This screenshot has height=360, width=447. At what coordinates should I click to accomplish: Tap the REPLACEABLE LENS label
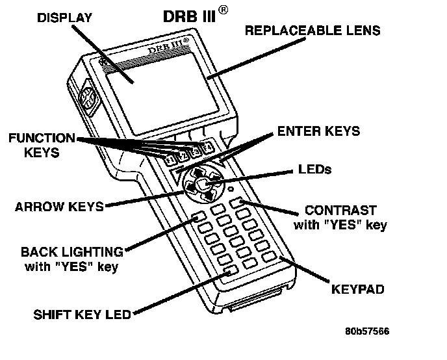click(313, 30)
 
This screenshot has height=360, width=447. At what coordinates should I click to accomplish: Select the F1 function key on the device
click(170, 160)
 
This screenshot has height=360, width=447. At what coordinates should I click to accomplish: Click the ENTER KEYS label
click(318, 131)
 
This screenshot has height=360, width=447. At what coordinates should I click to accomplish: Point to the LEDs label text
click(314, 170)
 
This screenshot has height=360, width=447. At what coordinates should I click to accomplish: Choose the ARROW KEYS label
click(59, 207)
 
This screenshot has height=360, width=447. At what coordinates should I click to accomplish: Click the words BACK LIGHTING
click(71, 251)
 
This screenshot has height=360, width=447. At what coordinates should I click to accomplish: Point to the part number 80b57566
click(367, 330)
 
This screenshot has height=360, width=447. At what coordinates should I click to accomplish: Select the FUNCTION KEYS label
click(42, 145)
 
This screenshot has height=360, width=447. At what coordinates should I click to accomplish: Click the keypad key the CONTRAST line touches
click(243, 205)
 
